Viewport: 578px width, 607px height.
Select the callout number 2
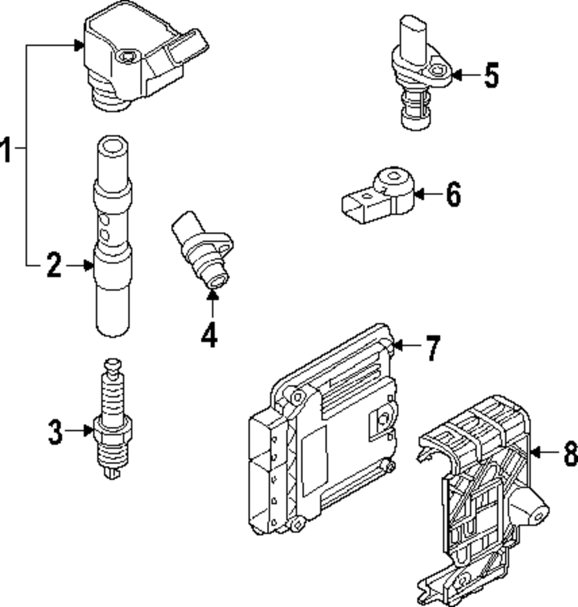point(54,266)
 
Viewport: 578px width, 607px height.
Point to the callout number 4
point(209,334)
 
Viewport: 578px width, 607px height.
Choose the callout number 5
point(491,75)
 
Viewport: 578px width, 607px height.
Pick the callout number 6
point(453,194)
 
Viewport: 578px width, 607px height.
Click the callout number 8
point(570,453)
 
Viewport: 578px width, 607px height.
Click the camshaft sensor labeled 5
point(419,75)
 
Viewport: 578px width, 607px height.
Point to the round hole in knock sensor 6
point(394,178)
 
